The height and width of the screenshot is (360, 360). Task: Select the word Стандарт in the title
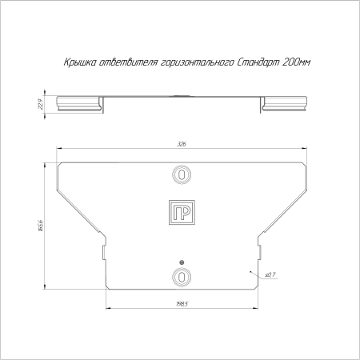(x=254, y=62)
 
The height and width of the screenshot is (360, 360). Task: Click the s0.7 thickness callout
(x=269, y=274)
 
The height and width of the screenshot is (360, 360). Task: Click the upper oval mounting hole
(x=182, y=174)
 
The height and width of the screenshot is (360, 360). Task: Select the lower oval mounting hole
(x=182, y=277)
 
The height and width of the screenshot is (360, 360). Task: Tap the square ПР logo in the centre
(x=182, y=212)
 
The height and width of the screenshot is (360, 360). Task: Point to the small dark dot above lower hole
(x=182, y=262)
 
